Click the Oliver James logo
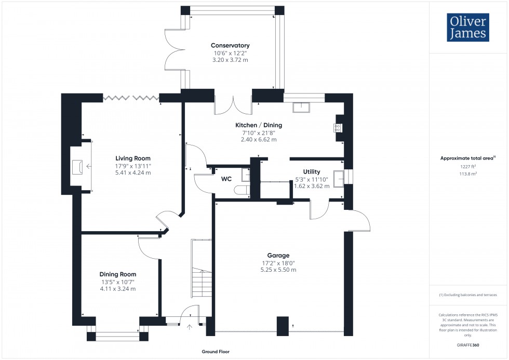coord(467,28)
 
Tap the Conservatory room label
coord(230,46)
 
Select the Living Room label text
coord(133,158)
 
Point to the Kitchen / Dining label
coord(259,125)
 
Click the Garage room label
coord(278,255)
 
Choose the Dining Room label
coord(118,274)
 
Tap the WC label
coord(226,179)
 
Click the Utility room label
coord(312,171)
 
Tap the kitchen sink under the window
coord(300,108)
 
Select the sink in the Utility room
coord(338,178)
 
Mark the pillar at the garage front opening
coord(283,326)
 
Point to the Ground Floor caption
coord(216,352)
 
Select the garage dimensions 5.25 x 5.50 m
coord(278,270)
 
